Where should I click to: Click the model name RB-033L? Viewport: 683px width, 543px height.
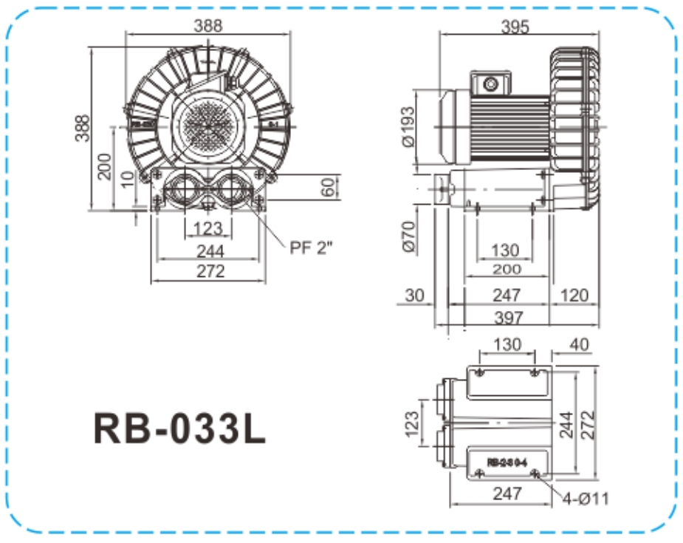tap(179, 428)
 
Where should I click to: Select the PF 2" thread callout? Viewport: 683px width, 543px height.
tap(311, 247)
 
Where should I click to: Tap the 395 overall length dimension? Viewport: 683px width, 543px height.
tap(514, 27)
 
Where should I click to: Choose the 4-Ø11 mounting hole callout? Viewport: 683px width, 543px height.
tap(585, 499)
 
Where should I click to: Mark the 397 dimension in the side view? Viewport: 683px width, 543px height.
tap(507, 318)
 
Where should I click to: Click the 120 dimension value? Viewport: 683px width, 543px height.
tap(574, 296)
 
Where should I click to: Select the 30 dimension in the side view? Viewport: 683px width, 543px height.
tap(415, 296)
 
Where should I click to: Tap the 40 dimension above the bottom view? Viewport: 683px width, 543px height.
tap(580, 344)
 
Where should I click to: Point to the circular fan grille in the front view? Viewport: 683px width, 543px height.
tap(207, 124)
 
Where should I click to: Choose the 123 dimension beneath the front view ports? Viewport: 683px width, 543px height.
tap(207, 228)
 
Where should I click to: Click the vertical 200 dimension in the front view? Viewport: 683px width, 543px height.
tap(105, 165)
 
